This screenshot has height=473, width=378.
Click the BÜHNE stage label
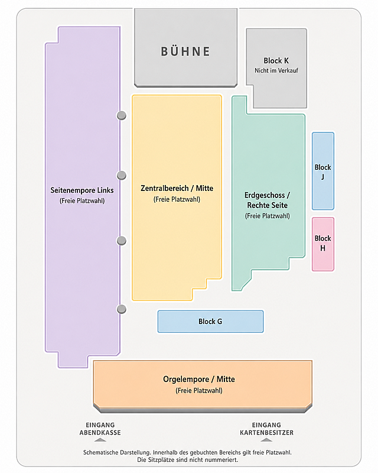point(185,51)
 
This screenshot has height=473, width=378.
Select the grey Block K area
point(276,68)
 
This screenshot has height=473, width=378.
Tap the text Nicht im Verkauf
point(276,70)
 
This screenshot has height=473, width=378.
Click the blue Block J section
point(323,171)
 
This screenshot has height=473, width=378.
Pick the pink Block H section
point(323,244)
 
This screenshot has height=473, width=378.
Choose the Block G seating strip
point(210,322)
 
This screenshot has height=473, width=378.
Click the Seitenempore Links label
point(82,190)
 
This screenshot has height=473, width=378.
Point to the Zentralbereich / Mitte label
point(177,188)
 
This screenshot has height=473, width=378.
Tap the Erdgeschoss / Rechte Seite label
point(268,200)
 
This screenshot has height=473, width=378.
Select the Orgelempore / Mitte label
point(199,379)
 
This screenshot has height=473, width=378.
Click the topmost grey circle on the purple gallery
point(122,115)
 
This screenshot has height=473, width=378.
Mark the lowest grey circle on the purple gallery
point(122,309)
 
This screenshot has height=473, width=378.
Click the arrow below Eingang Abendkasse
point(100,440)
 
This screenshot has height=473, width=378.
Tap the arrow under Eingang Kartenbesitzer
point(266,440)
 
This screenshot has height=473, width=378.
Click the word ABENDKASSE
point(100,433)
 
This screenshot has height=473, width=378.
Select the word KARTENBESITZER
point(267,433)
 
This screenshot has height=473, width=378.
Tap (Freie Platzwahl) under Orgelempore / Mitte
point(199,391)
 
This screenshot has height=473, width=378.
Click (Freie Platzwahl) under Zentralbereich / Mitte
point(177,199)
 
